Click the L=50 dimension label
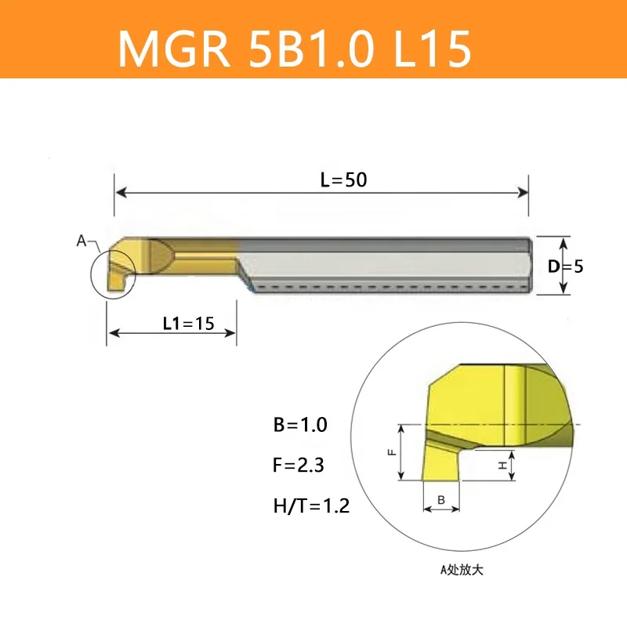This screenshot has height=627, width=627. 343,179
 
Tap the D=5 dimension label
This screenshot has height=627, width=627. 565,266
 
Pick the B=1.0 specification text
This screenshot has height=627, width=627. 299,426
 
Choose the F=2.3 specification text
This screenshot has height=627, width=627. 299,466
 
